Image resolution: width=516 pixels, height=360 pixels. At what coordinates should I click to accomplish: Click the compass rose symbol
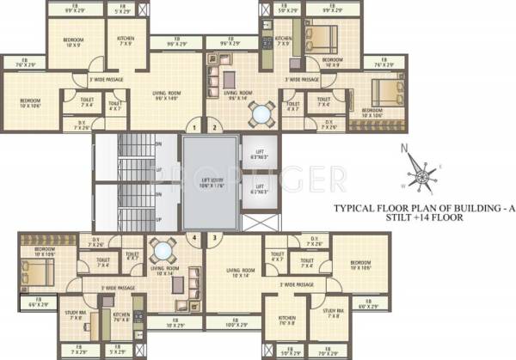point(421,175)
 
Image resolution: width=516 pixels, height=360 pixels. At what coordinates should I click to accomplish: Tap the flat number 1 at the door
point(195,127)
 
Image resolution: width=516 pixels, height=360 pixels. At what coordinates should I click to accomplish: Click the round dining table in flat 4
point(162,252)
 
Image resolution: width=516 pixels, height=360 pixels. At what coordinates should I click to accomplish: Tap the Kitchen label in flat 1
point(126,40)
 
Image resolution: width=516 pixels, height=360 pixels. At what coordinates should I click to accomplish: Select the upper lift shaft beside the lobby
point(253,155)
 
